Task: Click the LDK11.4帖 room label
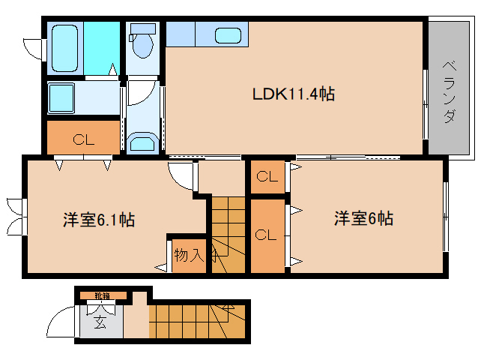click(x=293, y=94)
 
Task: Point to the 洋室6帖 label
click(x=363, y=218)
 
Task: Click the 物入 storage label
click(x=188, y=255)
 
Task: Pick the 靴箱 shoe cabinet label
click(x=101, y=295)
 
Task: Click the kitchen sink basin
click(x=229, y=35)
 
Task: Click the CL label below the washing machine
click(x=83, y=139)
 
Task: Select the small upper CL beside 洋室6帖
click(x=267, y=177)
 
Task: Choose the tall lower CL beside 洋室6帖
click(x=267, y=235)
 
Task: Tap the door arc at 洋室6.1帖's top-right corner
click(x=180, y=177)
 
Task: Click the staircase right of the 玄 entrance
click(x=198, y=321)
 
